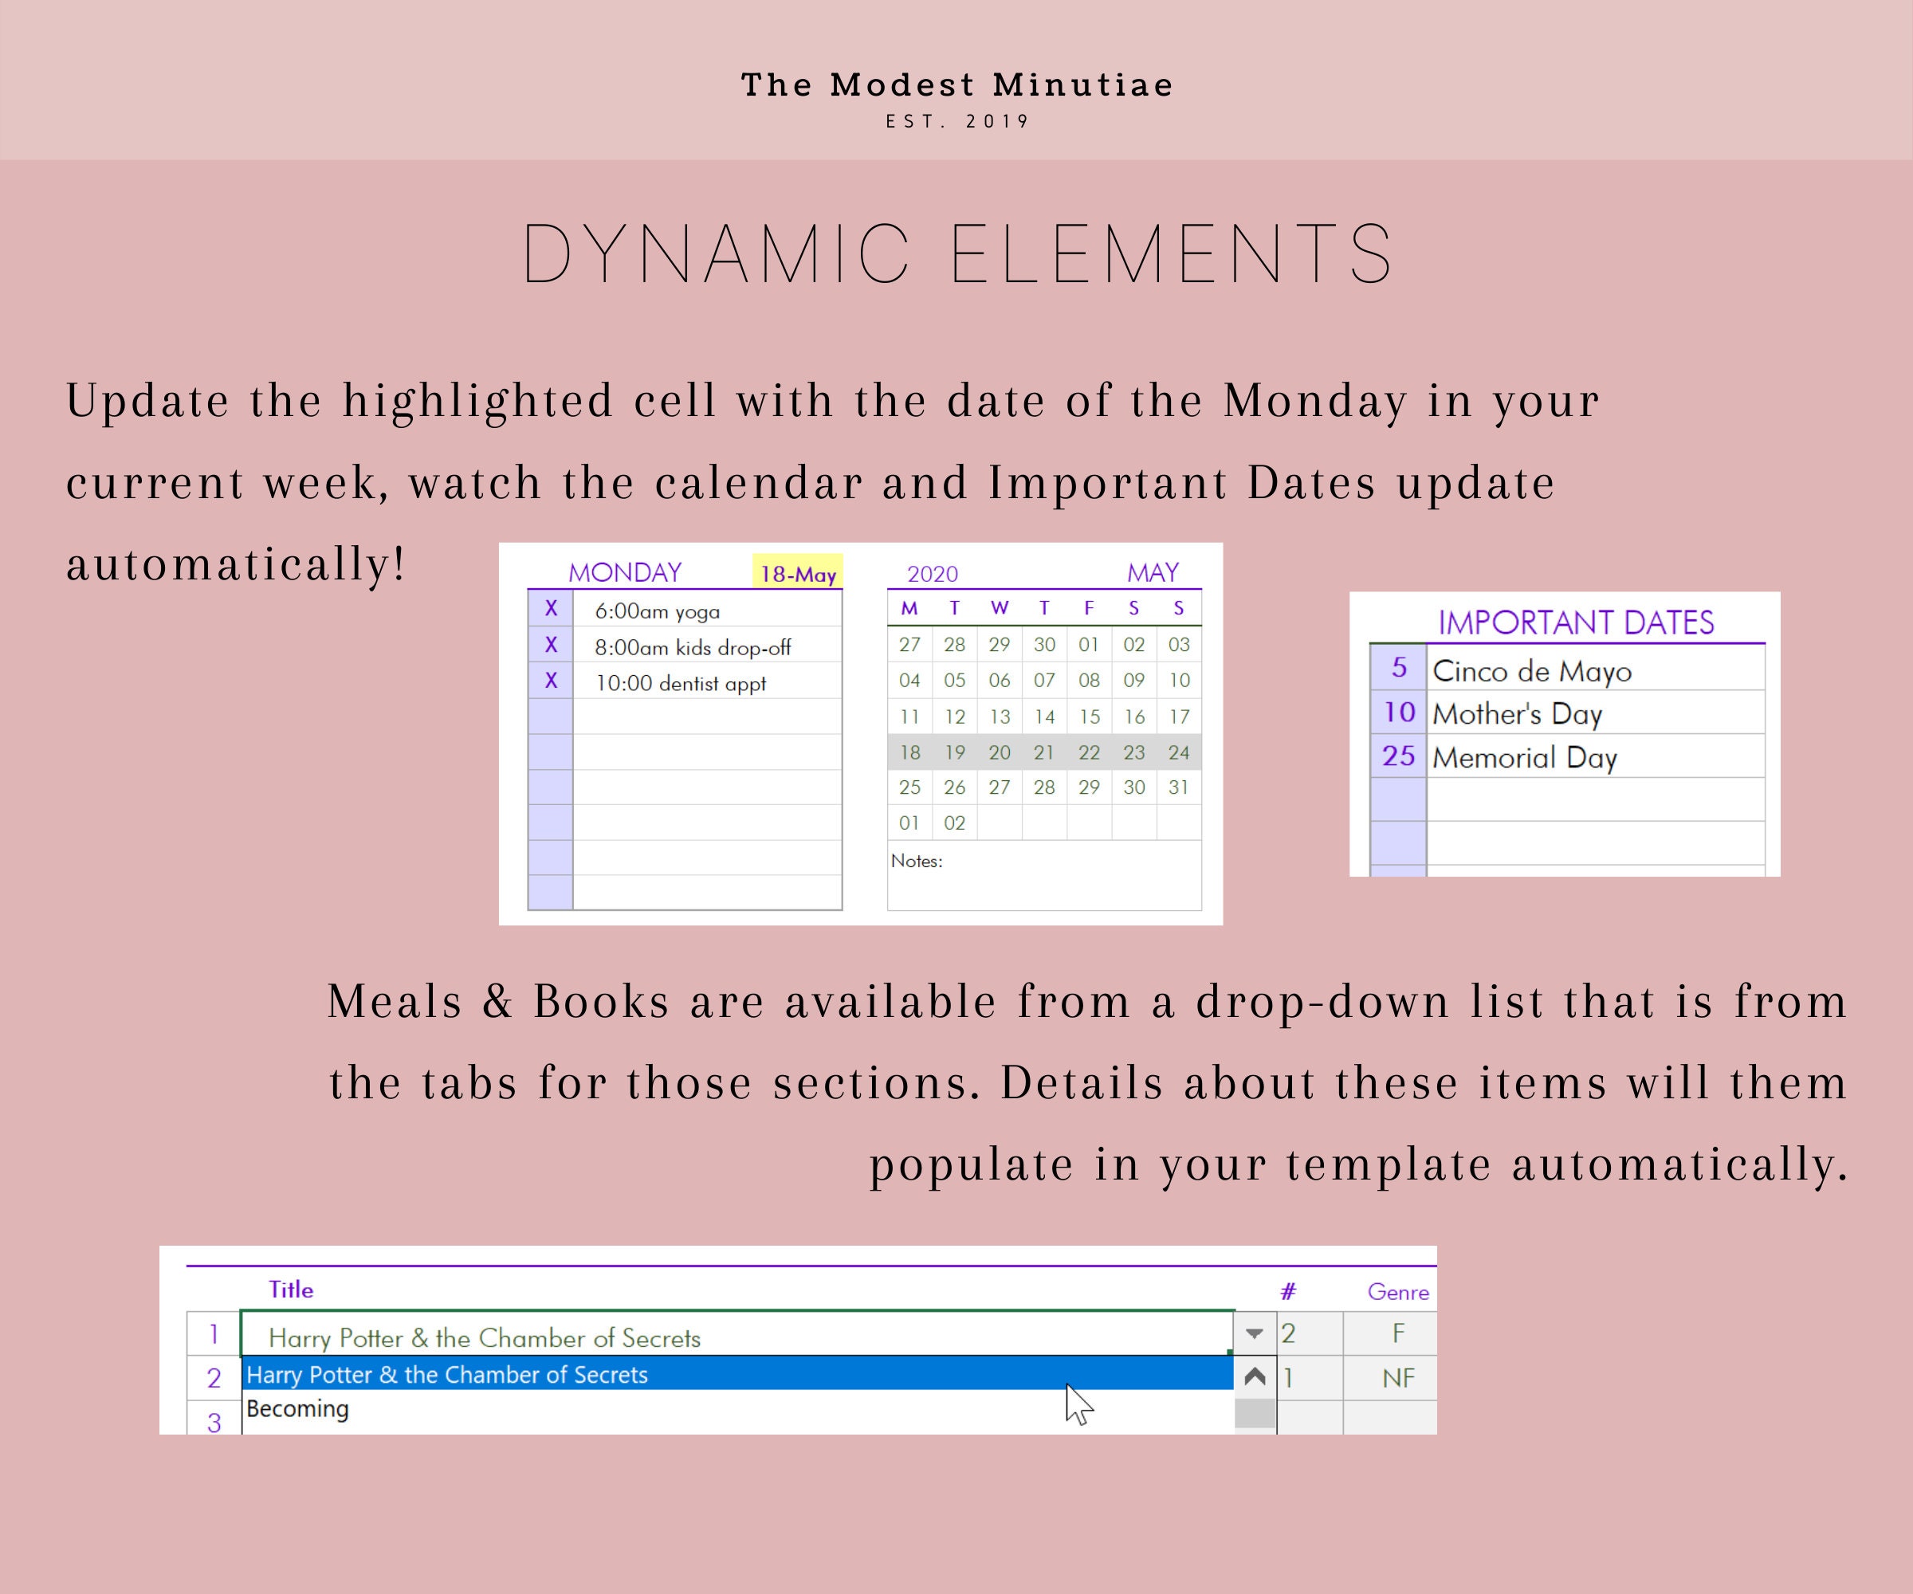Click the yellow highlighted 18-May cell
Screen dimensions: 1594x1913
798,573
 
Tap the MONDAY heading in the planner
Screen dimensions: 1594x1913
625,573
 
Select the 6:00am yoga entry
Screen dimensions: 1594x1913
657,611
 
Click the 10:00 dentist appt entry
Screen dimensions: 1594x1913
681,683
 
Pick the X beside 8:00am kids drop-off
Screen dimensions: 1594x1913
551,646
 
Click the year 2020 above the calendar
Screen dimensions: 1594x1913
932,574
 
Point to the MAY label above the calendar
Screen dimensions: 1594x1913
1153,573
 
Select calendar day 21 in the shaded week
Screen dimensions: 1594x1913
1044,752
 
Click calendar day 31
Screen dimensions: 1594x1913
1179,787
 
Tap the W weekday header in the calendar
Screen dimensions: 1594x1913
1000,608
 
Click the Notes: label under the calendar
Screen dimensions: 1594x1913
917,861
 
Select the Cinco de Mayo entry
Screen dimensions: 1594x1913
1532,671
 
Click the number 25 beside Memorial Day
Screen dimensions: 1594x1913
1398,756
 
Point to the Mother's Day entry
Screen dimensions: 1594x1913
1517,714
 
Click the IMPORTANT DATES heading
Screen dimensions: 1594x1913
1576,623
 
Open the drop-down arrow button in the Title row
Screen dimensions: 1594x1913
1255,1333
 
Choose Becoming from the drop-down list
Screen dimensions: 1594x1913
298,1409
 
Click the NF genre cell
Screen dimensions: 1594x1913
1398,1378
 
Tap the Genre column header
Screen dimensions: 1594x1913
1397,1292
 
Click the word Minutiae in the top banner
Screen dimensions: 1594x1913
1082,84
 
